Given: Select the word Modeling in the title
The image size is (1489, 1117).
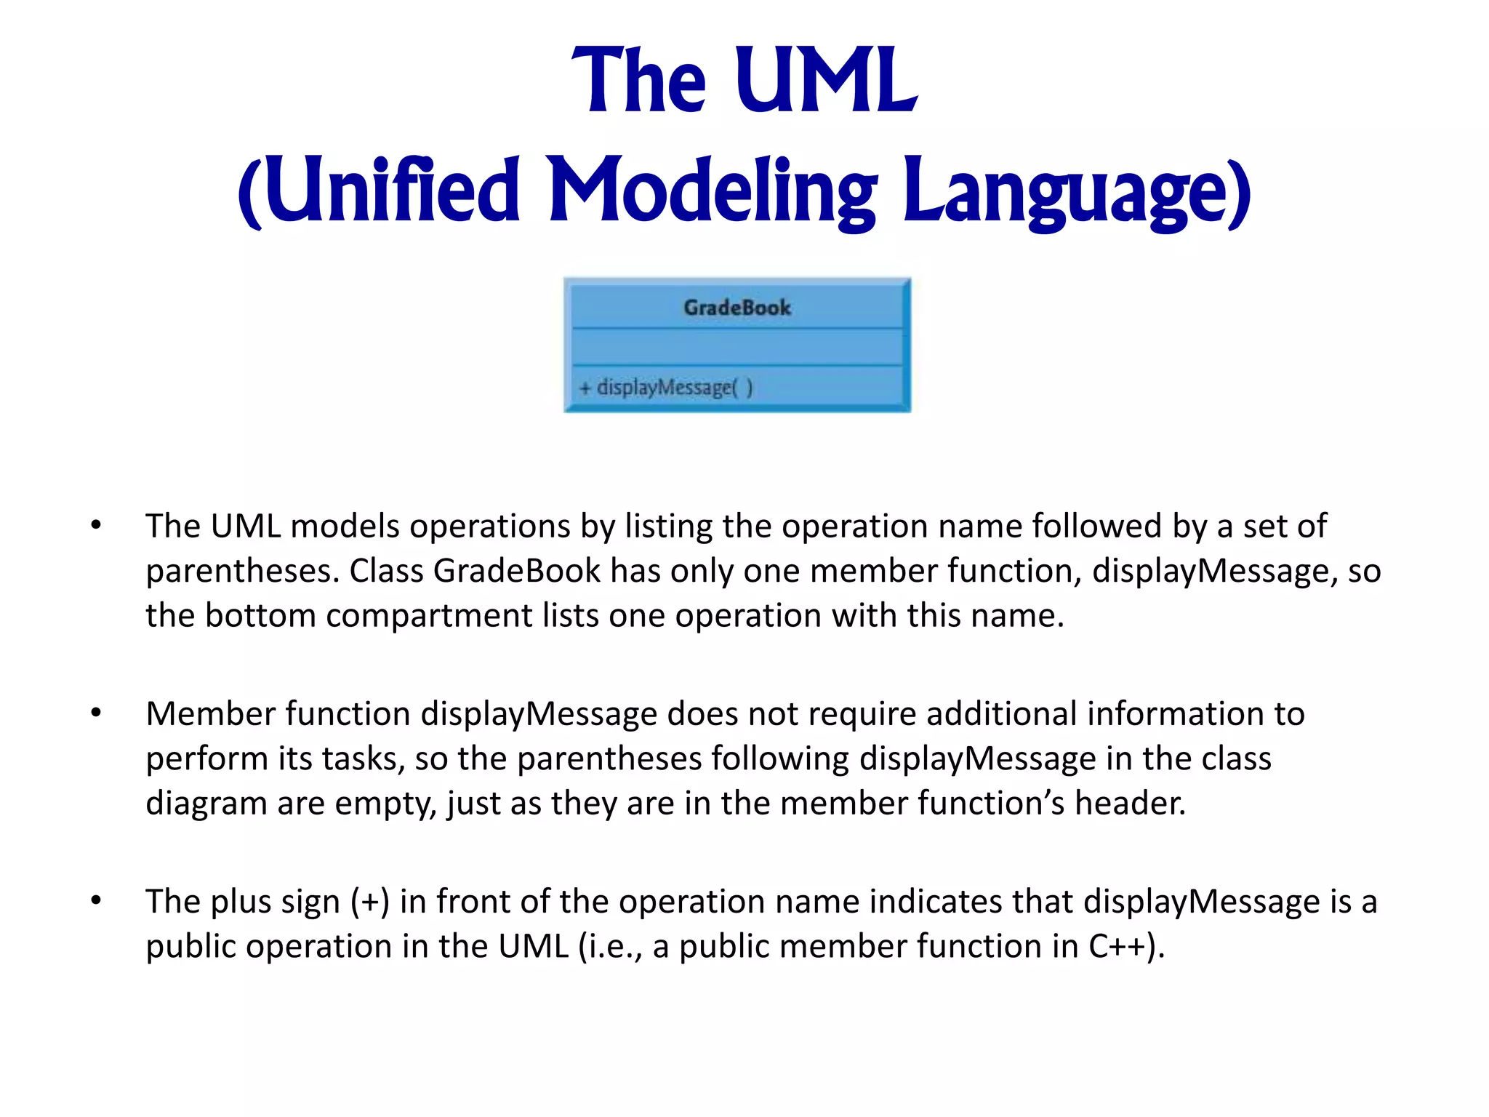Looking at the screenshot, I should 712,191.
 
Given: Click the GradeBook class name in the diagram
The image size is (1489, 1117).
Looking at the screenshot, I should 737,308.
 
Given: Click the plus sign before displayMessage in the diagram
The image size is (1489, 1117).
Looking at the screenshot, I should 585,388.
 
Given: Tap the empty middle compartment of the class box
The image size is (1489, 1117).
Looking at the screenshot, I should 737,348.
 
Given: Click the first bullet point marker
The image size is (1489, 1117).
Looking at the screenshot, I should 96,525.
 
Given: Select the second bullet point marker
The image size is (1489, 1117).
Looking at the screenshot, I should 96,713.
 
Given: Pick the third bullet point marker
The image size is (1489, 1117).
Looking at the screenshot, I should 96,900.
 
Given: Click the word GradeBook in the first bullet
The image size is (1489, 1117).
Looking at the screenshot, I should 517,571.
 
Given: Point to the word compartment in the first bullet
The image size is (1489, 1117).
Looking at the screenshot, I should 429,616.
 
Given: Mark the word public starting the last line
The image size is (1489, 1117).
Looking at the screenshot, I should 190,947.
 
